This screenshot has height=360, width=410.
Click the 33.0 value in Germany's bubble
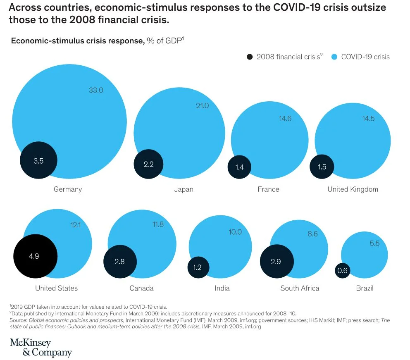tap(96, 90)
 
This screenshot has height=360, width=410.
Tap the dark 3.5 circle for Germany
tap(38, 160)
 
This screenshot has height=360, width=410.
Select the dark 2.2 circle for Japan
tap(148, 164)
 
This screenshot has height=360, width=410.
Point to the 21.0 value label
tap(202, 106)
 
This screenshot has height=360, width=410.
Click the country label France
tap(268, 189)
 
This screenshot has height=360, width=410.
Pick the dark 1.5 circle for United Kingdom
tap(322, 167)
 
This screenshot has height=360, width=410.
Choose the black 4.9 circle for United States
tap(35, 256)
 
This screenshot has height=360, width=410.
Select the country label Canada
tap(141, 288)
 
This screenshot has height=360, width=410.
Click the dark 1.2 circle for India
tap(197, 267)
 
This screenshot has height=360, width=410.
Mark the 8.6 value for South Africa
tap(312, 234)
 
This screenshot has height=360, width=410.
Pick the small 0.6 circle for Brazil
tap(342, 271)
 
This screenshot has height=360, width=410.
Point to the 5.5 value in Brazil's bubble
tap(374, 244)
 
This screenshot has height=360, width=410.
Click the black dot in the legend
tap(249, 57)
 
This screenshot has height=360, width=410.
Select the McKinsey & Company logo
tap(41, 348)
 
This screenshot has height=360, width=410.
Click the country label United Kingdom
tap(353, 189)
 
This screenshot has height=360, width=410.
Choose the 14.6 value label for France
tap(285, 119)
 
